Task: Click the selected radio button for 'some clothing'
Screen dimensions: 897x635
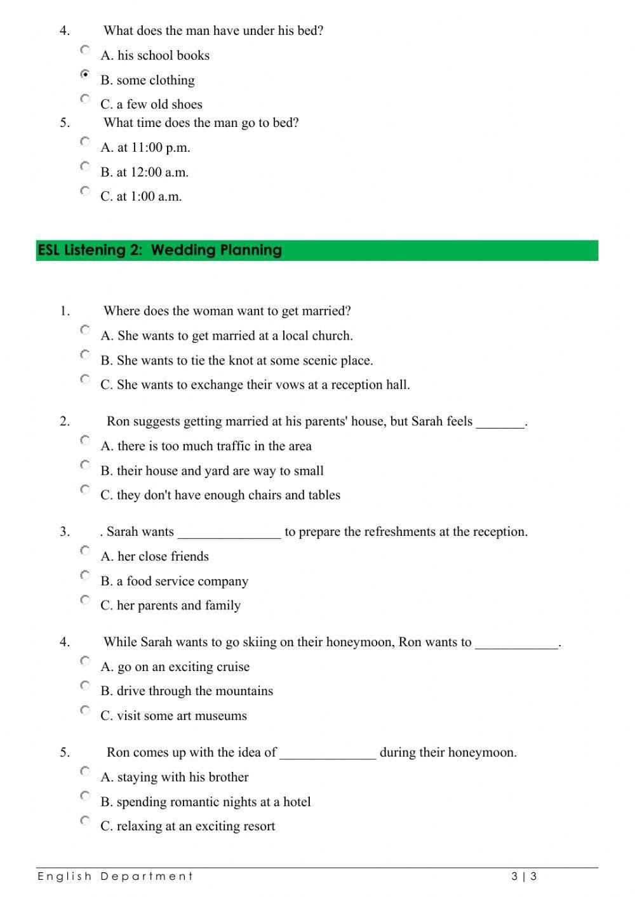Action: [x=85, y=74]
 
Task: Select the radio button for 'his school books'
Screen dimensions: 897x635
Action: [x=85, y=50]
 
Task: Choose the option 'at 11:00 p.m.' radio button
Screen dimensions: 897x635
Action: [x=85, y=142]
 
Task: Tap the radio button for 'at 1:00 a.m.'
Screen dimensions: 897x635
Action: [x=85, y=190]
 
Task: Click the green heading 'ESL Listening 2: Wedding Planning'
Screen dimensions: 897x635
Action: [x=160, y=250]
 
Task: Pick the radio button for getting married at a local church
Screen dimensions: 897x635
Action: [x=85, y=329]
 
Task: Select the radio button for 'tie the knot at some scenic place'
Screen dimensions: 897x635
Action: [x=85, y=354]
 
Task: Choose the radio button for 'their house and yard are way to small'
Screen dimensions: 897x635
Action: [x=85, y=465]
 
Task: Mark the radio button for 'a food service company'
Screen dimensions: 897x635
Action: [x=85, y=575]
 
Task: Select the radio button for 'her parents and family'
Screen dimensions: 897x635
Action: [x=85, y=600]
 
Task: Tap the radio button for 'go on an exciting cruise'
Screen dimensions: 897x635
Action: [x=85, y=661]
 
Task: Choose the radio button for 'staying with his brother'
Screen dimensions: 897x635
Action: [x=85, y=771]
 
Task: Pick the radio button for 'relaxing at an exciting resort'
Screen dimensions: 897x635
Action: [x=85, y=820]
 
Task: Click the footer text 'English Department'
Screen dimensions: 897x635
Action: [x=115, y=877]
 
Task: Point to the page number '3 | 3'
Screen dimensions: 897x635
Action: [x=524, y=877]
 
